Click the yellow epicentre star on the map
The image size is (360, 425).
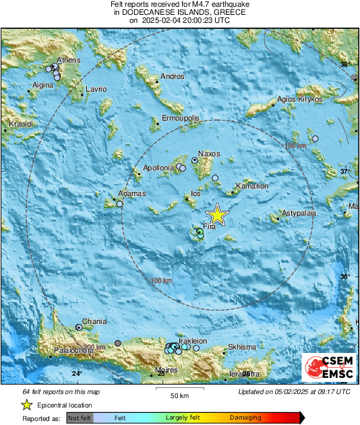(x=217, y=214)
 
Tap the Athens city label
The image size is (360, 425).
(x=69, y=61)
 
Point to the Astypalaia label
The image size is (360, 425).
(x=299, y=212)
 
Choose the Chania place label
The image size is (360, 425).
(x=94, y=321)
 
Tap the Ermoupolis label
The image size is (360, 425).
(x=181, y=119)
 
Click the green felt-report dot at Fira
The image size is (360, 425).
(x=200, y=232)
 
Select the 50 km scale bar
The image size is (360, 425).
(x=179, y=389)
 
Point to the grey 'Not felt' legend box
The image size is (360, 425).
(x=80, y=418)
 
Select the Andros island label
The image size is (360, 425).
(x=173, y=77)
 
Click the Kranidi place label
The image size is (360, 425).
(x=20, y=125)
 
